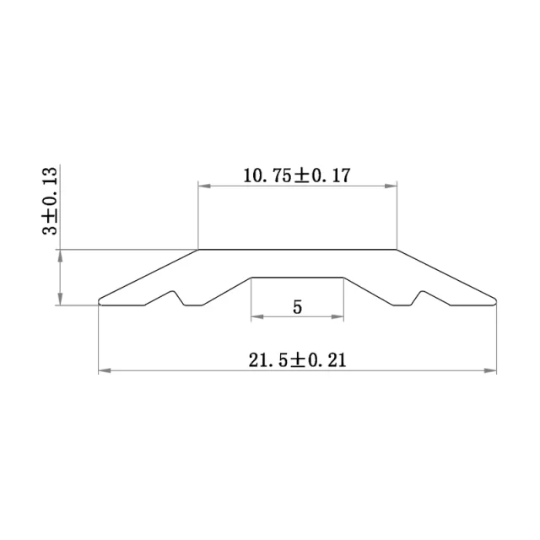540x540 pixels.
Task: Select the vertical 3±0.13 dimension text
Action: (x=51, y=202)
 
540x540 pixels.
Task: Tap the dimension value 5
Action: (x=297, y=307)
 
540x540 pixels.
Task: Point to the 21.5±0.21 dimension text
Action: (x=298, y=360)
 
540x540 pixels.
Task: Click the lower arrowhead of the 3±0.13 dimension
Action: (x=60, y=301)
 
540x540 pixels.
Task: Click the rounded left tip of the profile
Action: (x=100, y=300)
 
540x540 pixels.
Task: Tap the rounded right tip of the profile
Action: (x=495, y=300)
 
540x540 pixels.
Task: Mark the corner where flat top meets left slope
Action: (x=198, y=250)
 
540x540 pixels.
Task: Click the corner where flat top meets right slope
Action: (x=396, y=250)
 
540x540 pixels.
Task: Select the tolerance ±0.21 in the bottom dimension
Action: (x=321, y=360)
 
